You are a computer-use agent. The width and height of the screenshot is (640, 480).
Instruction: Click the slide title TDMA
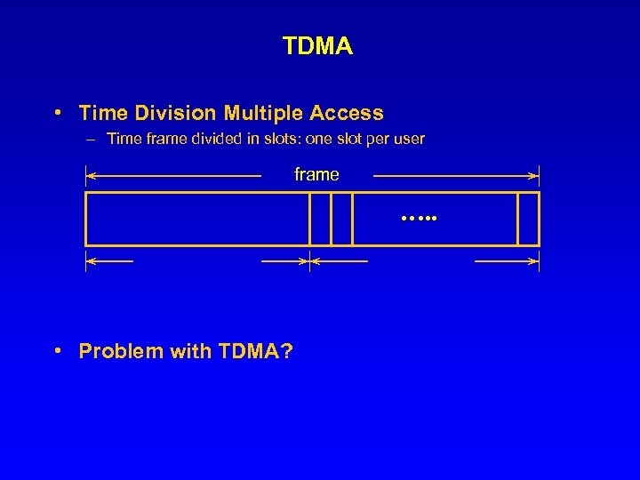(x=317, y=46)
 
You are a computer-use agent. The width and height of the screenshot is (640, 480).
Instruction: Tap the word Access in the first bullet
(x=347, y=113)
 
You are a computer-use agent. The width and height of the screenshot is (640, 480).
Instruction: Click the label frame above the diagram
(x=316, y=175)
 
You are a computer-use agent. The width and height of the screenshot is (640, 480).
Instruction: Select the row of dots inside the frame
(x=413, y=216)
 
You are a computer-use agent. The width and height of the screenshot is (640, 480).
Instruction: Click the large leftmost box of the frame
(x=196, y=219)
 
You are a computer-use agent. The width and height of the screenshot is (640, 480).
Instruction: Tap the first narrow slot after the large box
(x=320, y=219)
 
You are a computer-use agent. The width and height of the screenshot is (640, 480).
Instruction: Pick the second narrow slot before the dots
(x=341, y=219)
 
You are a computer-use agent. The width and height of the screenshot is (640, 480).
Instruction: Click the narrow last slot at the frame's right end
(x=528, y=219)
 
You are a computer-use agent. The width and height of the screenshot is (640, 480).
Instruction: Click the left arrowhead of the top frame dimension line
(x=90, y=175)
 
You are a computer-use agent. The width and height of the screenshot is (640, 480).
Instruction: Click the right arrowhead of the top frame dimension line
(x=535, y=175)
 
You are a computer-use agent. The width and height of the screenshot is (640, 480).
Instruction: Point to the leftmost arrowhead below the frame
(x=90, y=261)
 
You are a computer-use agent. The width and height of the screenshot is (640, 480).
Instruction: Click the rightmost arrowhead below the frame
(x=535, y=261)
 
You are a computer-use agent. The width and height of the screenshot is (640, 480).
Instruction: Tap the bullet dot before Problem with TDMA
(x=57, y=350)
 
